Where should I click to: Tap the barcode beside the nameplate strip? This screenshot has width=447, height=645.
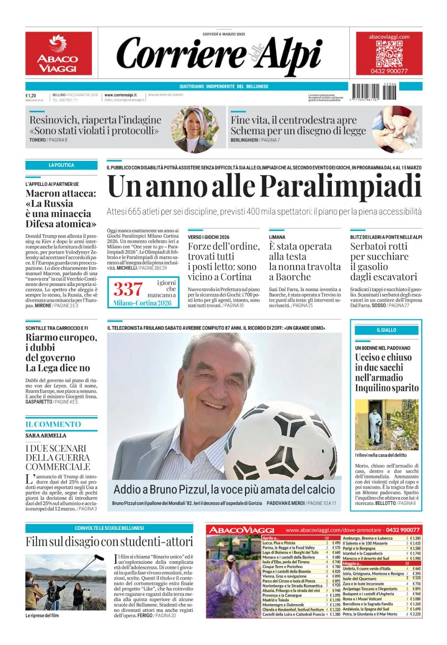click(374, 92)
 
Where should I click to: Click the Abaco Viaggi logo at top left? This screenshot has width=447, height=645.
click(58, 53)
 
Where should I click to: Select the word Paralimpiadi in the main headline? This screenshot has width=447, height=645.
click(341, 186)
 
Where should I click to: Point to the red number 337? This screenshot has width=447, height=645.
click(128, 289)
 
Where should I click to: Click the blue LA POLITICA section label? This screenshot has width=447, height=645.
click(61, 165)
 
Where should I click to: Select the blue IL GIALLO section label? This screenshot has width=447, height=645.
click(386, 330)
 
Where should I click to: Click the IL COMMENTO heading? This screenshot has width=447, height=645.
click(53, 424)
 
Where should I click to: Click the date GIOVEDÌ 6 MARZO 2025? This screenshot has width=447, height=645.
click(223, 34)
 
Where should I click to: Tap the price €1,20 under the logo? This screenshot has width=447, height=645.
click(31, 95)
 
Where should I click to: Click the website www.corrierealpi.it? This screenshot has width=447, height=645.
click(121, 95)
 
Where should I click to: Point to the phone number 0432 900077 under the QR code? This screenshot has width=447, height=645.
click(389, 71)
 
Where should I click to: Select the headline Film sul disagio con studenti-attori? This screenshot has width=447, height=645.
click(109, 542)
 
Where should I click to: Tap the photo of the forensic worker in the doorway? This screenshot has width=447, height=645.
click(386, 425)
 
